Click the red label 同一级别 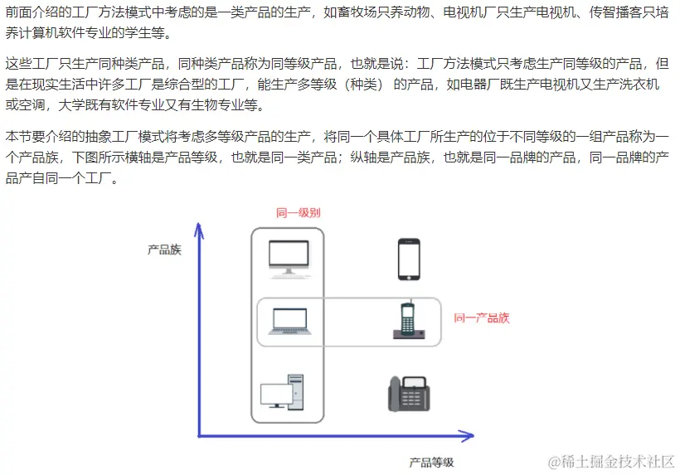click(298, 213)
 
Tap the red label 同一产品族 click(481, 317)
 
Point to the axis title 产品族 click(164, 249)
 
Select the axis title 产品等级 click(431, 462)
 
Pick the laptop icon click(287, 322)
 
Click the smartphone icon click(409, 259)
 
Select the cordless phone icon click(407, 321)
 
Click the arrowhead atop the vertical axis click(200, 227)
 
